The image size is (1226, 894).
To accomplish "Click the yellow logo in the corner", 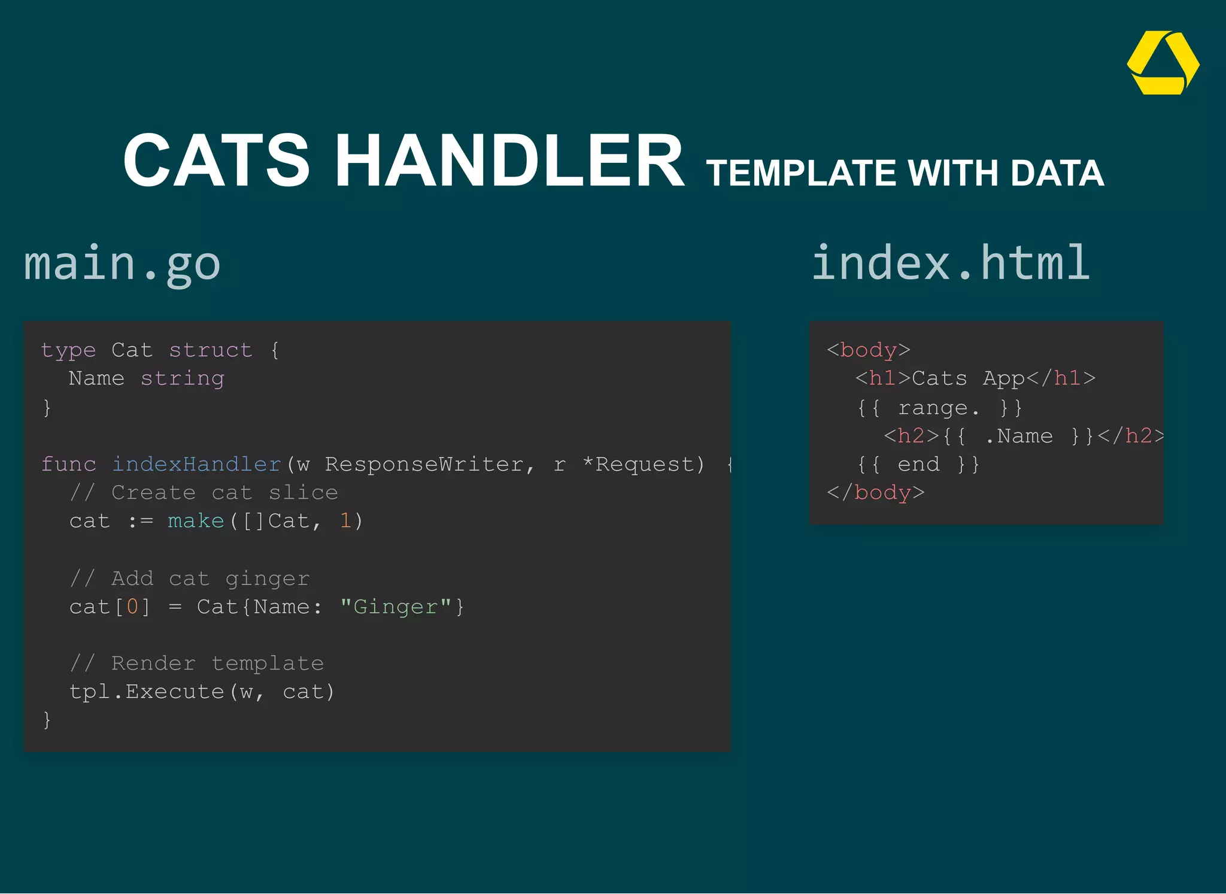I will click(1163, 63).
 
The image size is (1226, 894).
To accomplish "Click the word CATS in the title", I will click(216, 160).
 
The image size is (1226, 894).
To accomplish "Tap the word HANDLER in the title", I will click(509, 160).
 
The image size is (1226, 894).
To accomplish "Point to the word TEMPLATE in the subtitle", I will click(801, 174).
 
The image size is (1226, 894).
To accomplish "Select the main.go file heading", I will click(122, 263).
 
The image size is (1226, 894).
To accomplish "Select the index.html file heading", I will click(950, 263).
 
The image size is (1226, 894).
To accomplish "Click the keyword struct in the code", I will click(210, 350).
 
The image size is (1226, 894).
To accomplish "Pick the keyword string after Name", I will click(182, 378).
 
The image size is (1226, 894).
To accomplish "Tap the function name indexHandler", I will click(197, 465).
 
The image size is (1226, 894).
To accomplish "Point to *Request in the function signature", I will click(643, 465).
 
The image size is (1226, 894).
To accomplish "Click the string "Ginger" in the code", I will click(396, 607).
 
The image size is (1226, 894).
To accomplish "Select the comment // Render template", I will click(196, 663).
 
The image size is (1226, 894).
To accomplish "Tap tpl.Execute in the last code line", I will click(147, 692).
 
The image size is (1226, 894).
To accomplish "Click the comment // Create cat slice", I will click(204, 493).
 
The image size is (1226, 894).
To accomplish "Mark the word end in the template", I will click(918, 465).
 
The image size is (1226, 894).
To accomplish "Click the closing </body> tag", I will click(875, 493).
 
